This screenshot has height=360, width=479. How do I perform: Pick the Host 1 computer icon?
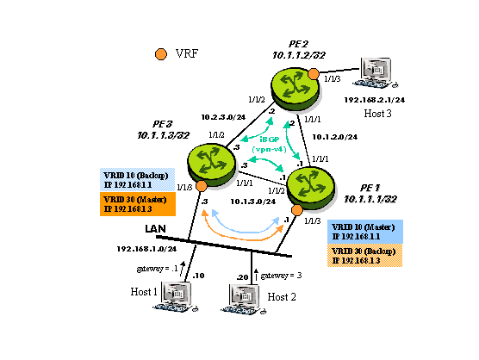click(177, 298)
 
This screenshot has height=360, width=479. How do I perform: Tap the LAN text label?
click(154, 228)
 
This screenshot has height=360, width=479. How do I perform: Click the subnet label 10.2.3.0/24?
click(219, 116)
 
